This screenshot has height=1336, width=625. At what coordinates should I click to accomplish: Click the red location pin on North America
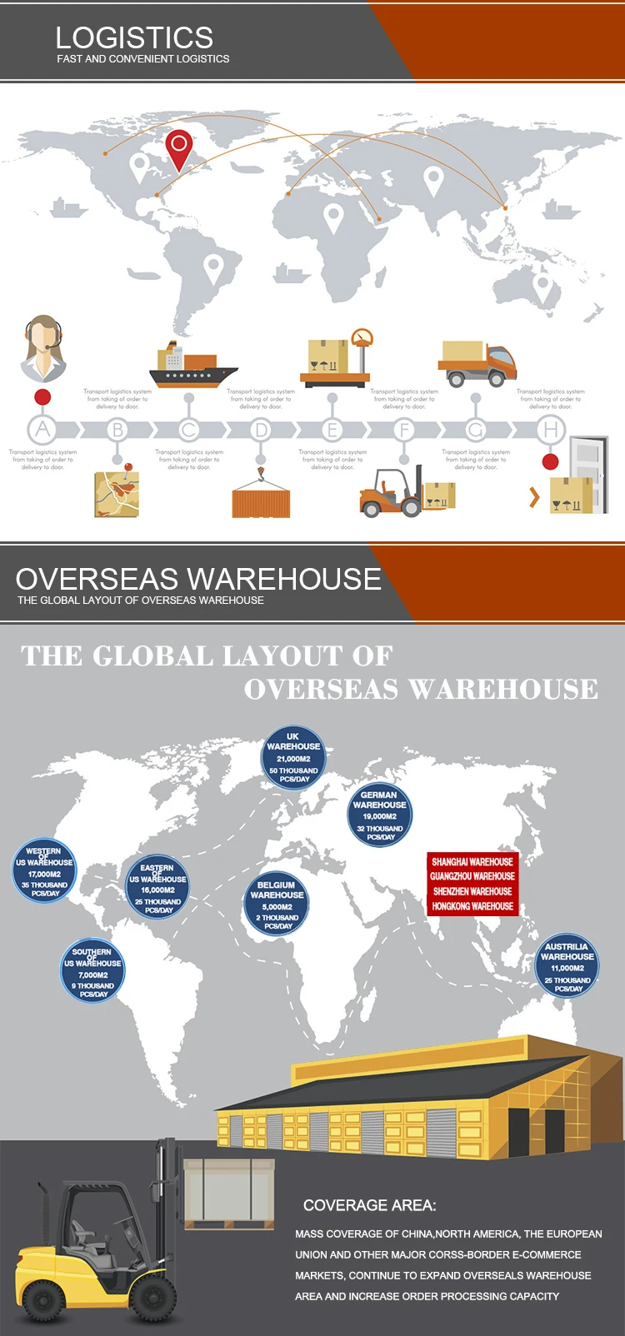click(x=178, y=146)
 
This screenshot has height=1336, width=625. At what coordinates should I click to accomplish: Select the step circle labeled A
click(x=42, y=430)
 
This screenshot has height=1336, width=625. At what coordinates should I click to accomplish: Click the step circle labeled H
click(x=550, y=430)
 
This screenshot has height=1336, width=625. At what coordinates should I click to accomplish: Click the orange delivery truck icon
click(x=477, y=363)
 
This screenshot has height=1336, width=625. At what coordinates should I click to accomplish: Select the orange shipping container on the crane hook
click(x=261, y=502)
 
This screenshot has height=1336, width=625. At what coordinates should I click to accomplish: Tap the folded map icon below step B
click(x=117, y=493)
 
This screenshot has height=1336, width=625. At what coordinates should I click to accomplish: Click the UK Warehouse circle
click(x=293, y=757)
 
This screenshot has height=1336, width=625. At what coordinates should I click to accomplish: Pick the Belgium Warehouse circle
click(x=277, y=904)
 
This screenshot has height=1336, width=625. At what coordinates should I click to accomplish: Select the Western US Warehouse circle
click(x=45, y=871)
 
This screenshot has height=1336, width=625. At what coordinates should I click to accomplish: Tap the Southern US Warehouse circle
click(x=93, y=971)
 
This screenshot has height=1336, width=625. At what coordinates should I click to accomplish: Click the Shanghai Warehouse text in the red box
click(x=472, y=862)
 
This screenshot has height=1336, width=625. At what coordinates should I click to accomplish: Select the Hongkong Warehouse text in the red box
click(x=472, y=906)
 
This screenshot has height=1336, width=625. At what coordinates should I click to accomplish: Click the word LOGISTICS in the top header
click(x=134, y=37)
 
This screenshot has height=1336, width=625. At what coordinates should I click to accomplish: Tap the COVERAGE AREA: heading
click(x=369, y=1205)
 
